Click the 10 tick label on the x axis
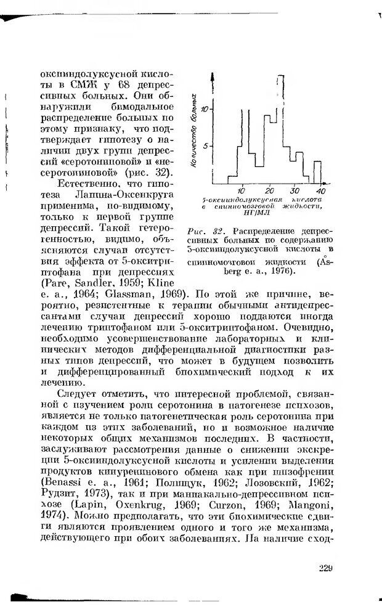tap(242, 190)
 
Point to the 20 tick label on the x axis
tap(269, 190)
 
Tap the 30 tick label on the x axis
tap(296, 190)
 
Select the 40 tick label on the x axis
tap(320, 190)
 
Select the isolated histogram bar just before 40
tap(317, 173)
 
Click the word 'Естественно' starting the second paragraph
tap(79, 183)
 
